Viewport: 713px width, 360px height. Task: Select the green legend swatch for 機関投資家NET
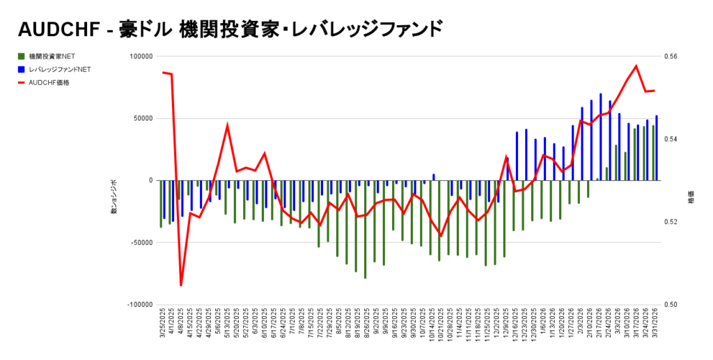(x=22, y=56)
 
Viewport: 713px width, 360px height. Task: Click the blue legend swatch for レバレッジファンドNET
(x=22, y=70)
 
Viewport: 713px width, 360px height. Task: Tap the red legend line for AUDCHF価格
(x=22, y=83)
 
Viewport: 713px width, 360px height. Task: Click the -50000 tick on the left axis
(x=140, y=243)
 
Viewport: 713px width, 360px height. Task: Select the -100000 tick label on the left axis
(x=139, y=305)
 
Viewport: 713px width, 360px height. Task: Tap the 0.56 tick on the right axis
(x=674, y=56)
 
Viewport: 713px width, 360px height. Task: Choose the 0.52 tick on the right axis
(x=674, y=222)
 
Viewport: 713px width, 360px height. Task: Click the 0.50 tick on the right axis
(x=674, y=305)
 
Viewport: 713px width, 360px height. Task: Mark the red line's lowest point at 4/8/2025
(x=181, y=285)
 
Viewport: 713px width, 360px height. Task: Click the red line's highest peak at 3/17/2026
(x=636, y=66)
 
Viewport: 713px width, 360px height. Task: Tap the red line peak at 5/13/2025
(x=228, y=125)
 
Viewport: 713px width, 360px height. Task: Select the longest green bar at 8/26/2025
(x=365, y=230)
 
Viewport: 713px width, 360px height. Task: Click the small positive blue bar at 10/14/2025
(x=433, y=177)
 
